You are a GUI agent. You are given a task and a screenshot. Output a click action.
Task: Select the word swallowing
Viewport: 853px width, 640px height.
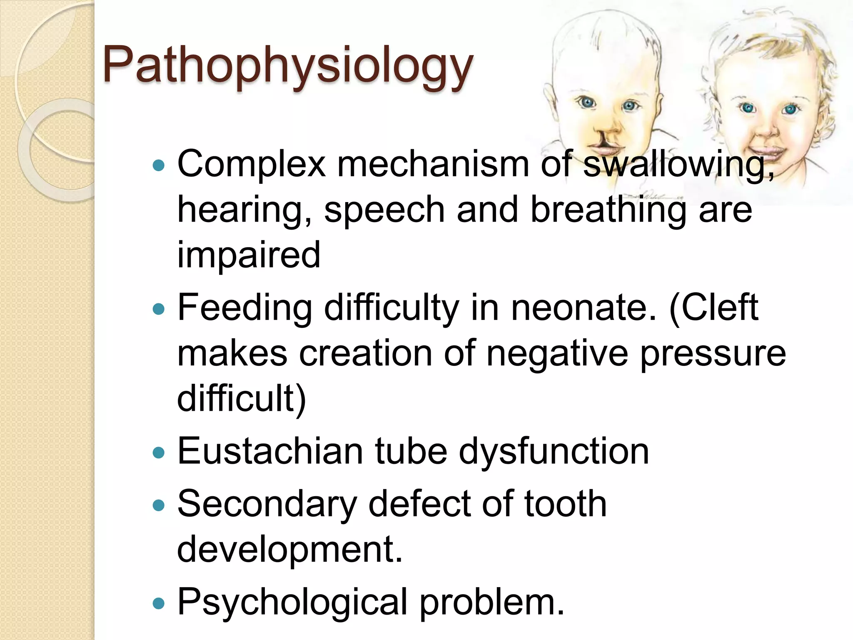click(x=679, y=164)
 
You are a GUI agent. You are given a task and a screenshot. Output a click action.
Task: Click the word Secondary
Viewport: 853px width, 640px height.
click(x=267, y=504)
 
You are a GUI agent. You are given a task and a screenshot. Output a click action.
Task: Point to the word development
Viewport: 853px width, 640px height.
click(x=289, y=549)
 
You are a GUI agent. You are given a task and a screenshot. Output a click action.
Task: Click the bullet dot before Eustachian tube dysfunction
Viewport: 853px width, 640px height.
click(x=159, y=452)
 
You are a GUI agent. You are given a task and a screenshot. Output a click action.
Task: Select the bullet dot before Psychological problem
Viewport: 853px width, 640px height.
click(x=159, y=603)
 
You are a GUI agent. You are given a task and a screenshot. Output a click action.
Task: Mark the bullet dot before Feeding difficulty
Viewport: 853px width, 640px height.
click(x=159, y=309)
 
